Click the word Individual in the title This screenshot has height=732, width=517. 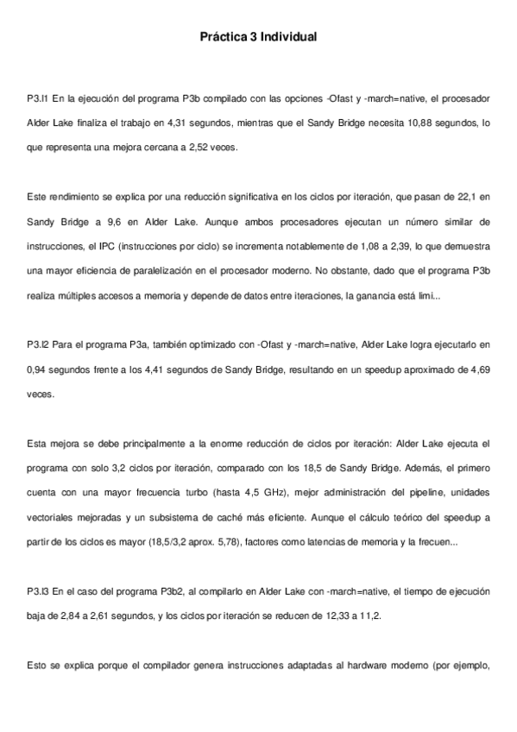pos(289,37)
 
